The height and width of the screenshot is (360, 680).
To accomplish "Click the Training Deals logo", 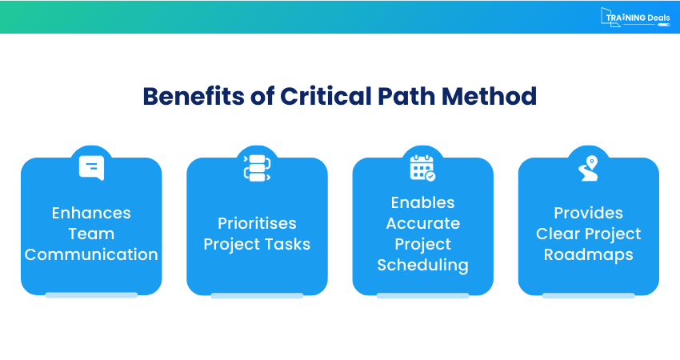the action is click(635, 18).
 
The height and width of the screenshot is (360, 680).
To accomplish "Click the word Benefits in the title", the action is click(194, 96).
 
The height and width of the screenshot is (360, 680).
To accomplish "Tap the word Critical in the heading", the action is click(326, 96).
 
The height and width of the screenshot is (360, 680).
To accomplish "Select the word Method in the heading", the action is click(489, 96).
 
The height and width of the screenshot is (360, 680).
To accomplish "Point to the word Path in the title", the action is click(406, 96).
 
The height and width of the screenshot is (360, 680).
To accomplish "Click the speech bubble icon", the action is click(91, 168).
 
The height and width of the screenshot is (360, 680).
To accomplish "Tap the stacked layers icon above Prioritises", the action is click(257, 168).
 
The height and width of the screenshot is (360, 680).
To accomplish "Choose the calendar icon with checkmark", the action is click(423, 168).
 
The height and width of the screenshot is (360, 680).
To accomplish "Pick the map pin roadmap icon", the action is click(589, 168).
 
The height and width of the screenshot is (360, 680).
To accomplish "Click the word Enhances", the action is click(91, 213).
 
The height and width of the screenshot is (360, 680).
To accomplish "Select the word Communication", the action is click(91, 254).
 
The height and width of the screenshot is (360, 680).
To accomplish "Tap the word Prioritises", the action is click(257, 223).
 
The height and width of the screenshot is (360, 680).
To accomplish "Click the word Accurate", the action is click(423, 223).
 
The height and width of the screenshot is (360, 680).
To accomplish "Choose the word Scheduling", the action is click(423, 265).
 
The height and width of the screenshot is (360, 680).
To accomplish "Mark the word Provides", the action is click(589, 213).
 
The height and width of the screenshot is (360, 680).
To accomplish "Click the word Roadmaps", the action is click(589, 254).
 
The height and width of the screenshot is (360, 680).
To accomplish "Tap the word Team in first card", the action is click(91, 234).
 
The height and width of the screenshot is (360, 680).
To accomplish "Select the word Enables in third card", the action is click(423, 202).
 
